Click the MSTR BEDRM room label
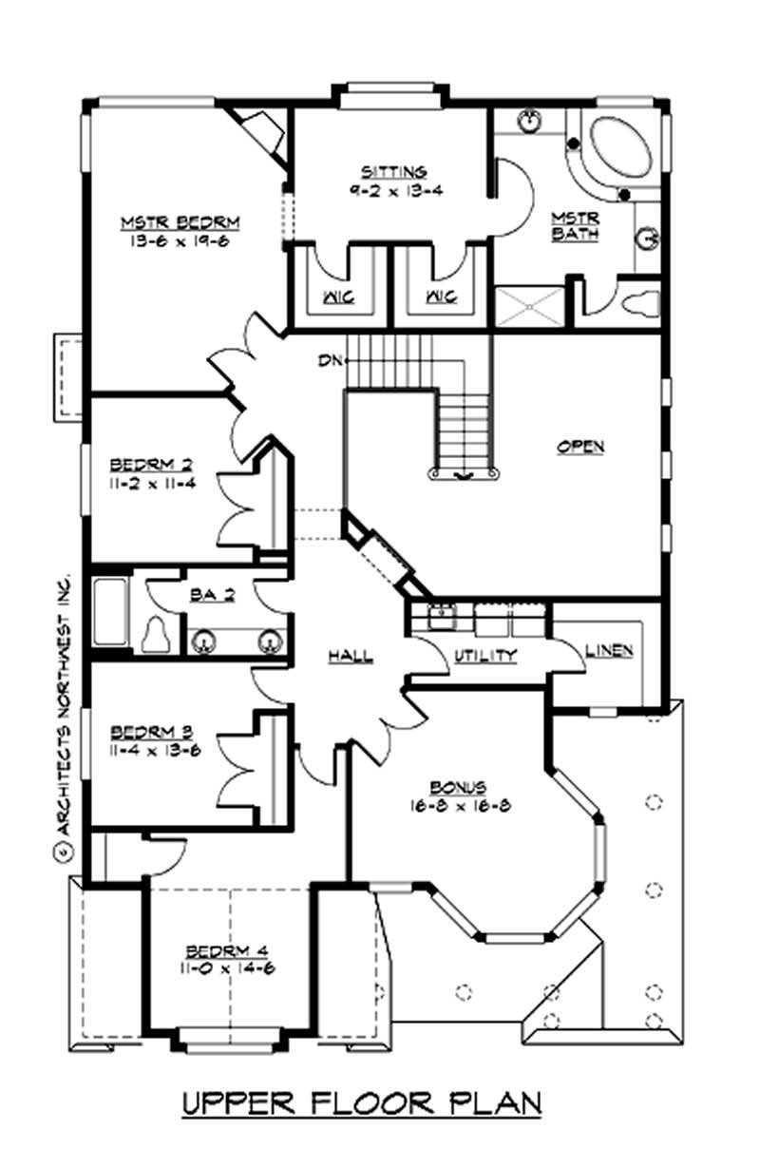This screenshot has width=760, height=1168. coord(180,223)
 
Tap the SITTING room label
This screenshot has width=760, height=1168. coord(393,172)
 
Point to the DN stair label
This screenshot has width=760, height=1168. coord(331,360)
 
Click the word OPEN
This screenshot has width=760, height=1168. coord(580,446)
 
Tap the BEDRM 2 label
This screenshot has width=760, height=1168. coord(152,465)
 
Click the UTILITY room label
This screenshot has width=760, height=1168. coord(484,655)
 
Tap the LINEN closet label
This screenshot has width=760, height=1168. coord(609,651)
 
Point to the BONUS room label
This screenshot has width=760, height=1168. coord(459,787)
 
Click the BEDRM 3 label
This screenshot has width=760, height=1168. coord(152,732)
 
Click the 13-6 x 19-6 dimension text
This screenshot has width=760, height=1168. coord(180,241)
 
